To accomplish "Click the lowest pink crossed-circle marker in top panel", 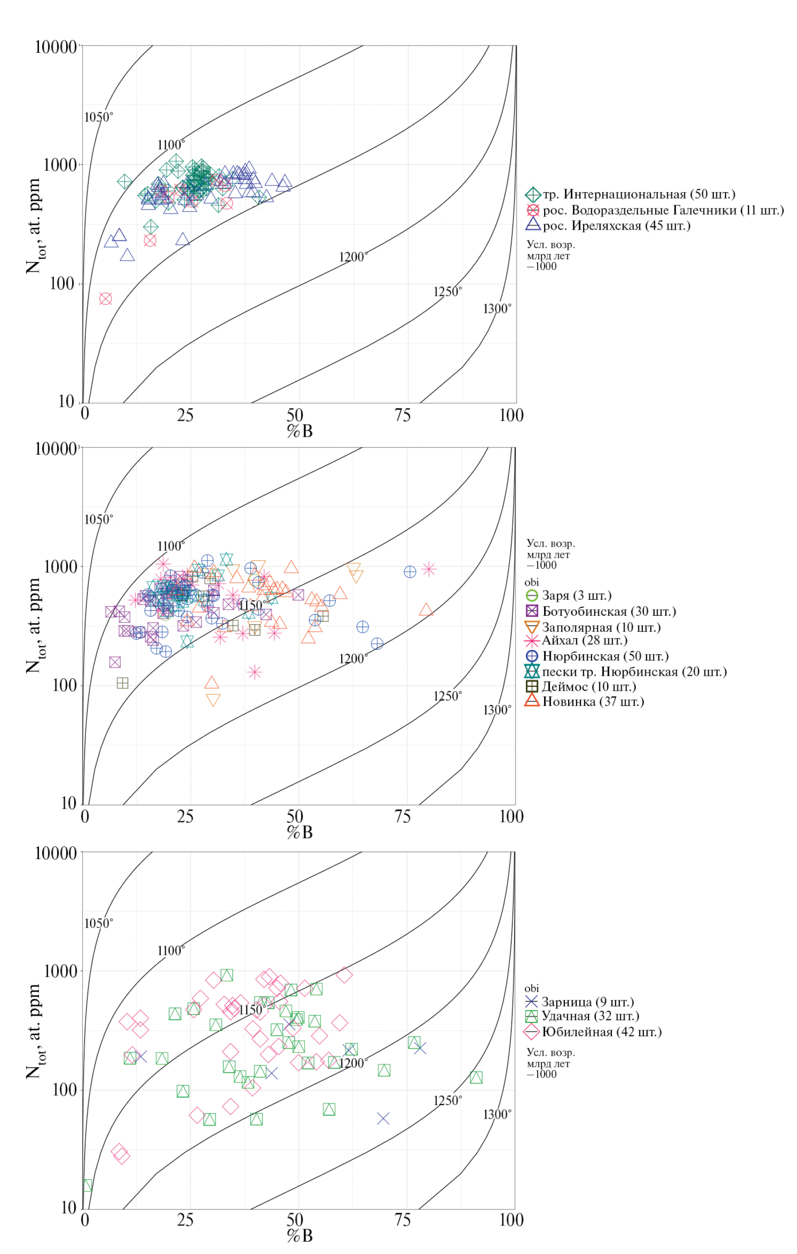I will [x=106, y=299].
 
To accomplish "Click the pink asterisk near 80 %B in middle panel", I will [x=429, y=569].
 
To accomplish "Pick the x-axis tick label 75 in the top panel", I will [x=402, y=415].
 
